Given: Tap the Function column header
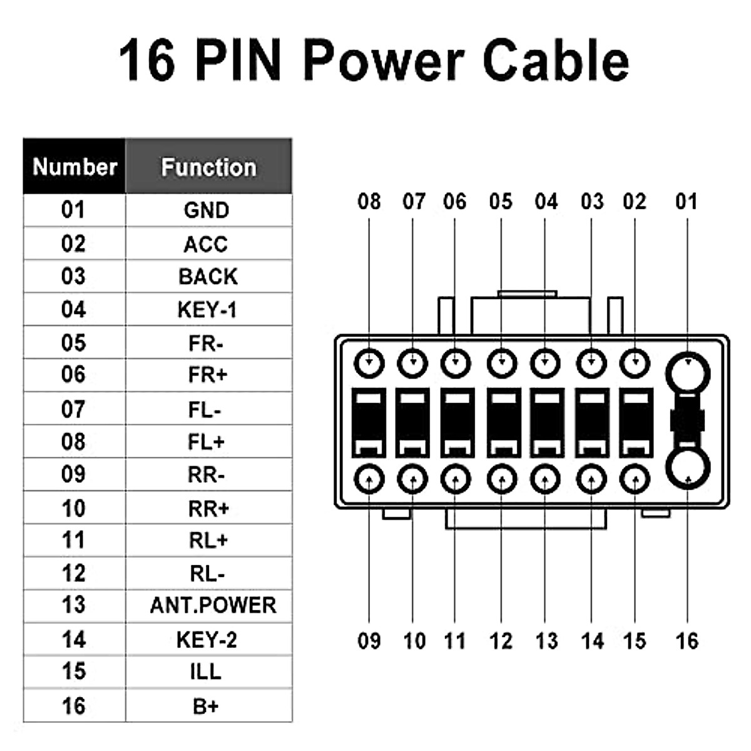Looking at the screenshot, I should (x=208, y=167).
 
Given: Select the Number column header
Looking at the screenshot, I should (x=74, y=167).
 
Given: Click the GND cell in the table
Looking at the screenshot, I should (x=207, y=210).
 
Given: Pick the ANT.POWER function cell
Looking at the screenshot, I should (x=213, y=605).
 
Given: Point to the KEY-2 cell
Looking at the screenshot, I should (x=207, y=639).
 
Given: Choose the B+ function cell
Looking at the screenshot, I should (x=206, y=706).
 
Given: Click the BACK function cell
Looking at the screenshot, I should (x=208, y=277).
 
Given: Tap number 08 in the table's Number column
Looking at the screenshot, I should (x=73, y=442).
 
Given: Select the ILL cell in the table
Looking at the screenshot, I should (x=206, y=672).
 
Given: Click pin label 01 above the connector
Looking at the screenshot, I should (x=687, y=202).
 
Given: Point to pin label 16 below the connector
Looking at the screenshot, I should (x=687, y=641).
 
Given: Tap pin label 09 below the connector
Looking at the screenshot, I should (x=369, y=641).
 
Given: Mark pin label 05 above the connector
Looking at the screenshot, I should (x=501, y=202).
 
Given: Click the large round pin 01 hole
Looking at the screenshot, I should (x=688, y=374).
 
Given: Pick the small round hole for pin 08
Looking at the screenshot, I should (x=369, y=363).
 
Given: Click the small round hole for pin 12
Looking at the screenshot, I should (x=501, y=480).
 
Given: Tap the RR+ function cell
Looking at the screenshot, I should (x=208, y=509).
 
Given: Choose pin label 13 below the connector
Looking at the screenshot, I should (x=546, y=641).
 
